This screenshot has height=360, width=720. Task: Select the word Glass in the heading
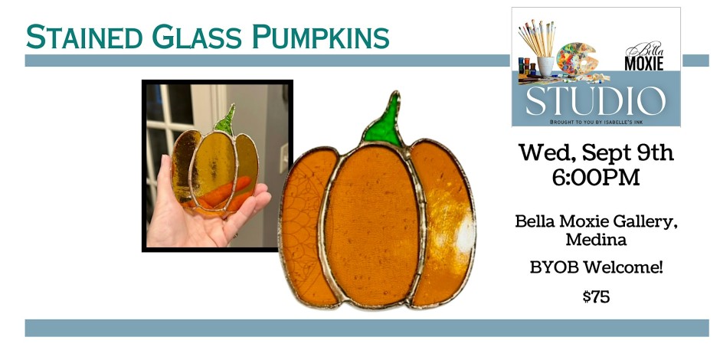(x=198, y=37)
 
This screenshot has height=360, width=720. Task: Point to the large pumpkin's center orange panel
(x=372, y=225)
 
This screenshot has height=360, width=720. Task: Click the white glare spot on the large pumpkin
(x=465, y=235)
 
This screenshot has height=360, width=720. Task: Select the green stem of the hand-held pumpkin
(x=225, y=120)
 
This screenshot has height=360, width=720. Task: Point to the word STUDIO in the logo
(x=596, y=101)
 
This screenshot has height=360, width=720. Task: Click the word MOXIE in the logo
(x=643, y=64)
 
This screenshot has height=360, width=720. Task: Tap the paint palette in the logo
(x=576, y=59)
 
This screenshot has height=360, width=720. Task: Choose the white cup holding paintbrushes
(x=545, y=66)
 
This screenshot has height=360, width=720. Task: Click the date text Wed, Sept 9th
(x=596, y=152)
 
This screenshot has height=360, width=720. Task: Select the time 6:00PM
(x=596, y=177)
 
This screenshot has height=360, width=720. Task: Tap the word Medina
(x=596, y=239)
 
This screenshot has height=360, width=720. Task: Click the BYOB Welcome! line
(x=596, y=267)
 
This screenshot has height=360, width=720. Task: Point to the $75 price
(x=596, y=297)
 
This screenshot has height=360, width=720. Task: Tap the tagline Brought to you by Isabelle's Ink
(x=596, y=122)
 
